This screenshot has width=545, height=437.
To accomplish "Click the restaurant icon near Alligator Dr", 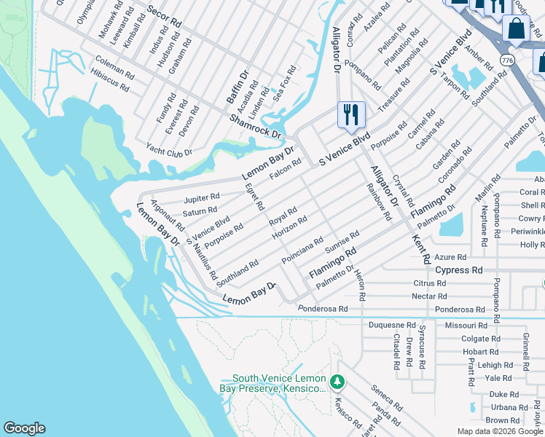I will click(351, 114).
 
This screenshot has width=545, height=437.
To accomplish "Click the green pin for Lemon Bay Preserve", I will click(337, 382).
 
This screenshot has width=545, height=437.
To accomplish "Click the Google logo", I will click(24, 428).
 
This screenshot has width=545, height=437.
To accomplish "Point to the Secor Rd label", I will click(164, 20).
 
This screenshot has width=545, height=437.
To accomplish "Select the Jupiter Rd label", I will click(202, 197).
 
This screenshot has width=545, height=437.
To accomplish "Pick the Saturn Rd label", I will click(200, 211).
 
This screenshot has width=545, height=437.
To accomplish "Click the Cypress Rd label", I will click(459, 269).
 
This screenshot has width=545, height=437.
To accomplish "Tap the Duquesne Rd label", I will click(392, 325).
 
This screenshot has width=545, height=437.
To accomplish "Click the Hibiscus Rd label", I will click(110, 80).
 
